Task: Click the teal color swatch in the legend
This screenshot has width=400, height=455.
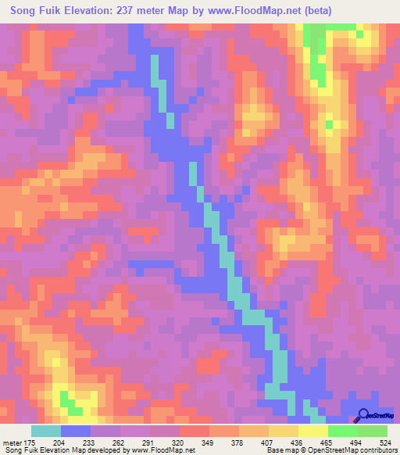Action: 46,430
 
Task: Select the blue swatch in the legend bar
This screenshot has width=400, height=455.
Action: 76,430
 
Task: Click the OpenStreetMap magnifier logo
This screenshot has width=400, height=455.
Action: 362,415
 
